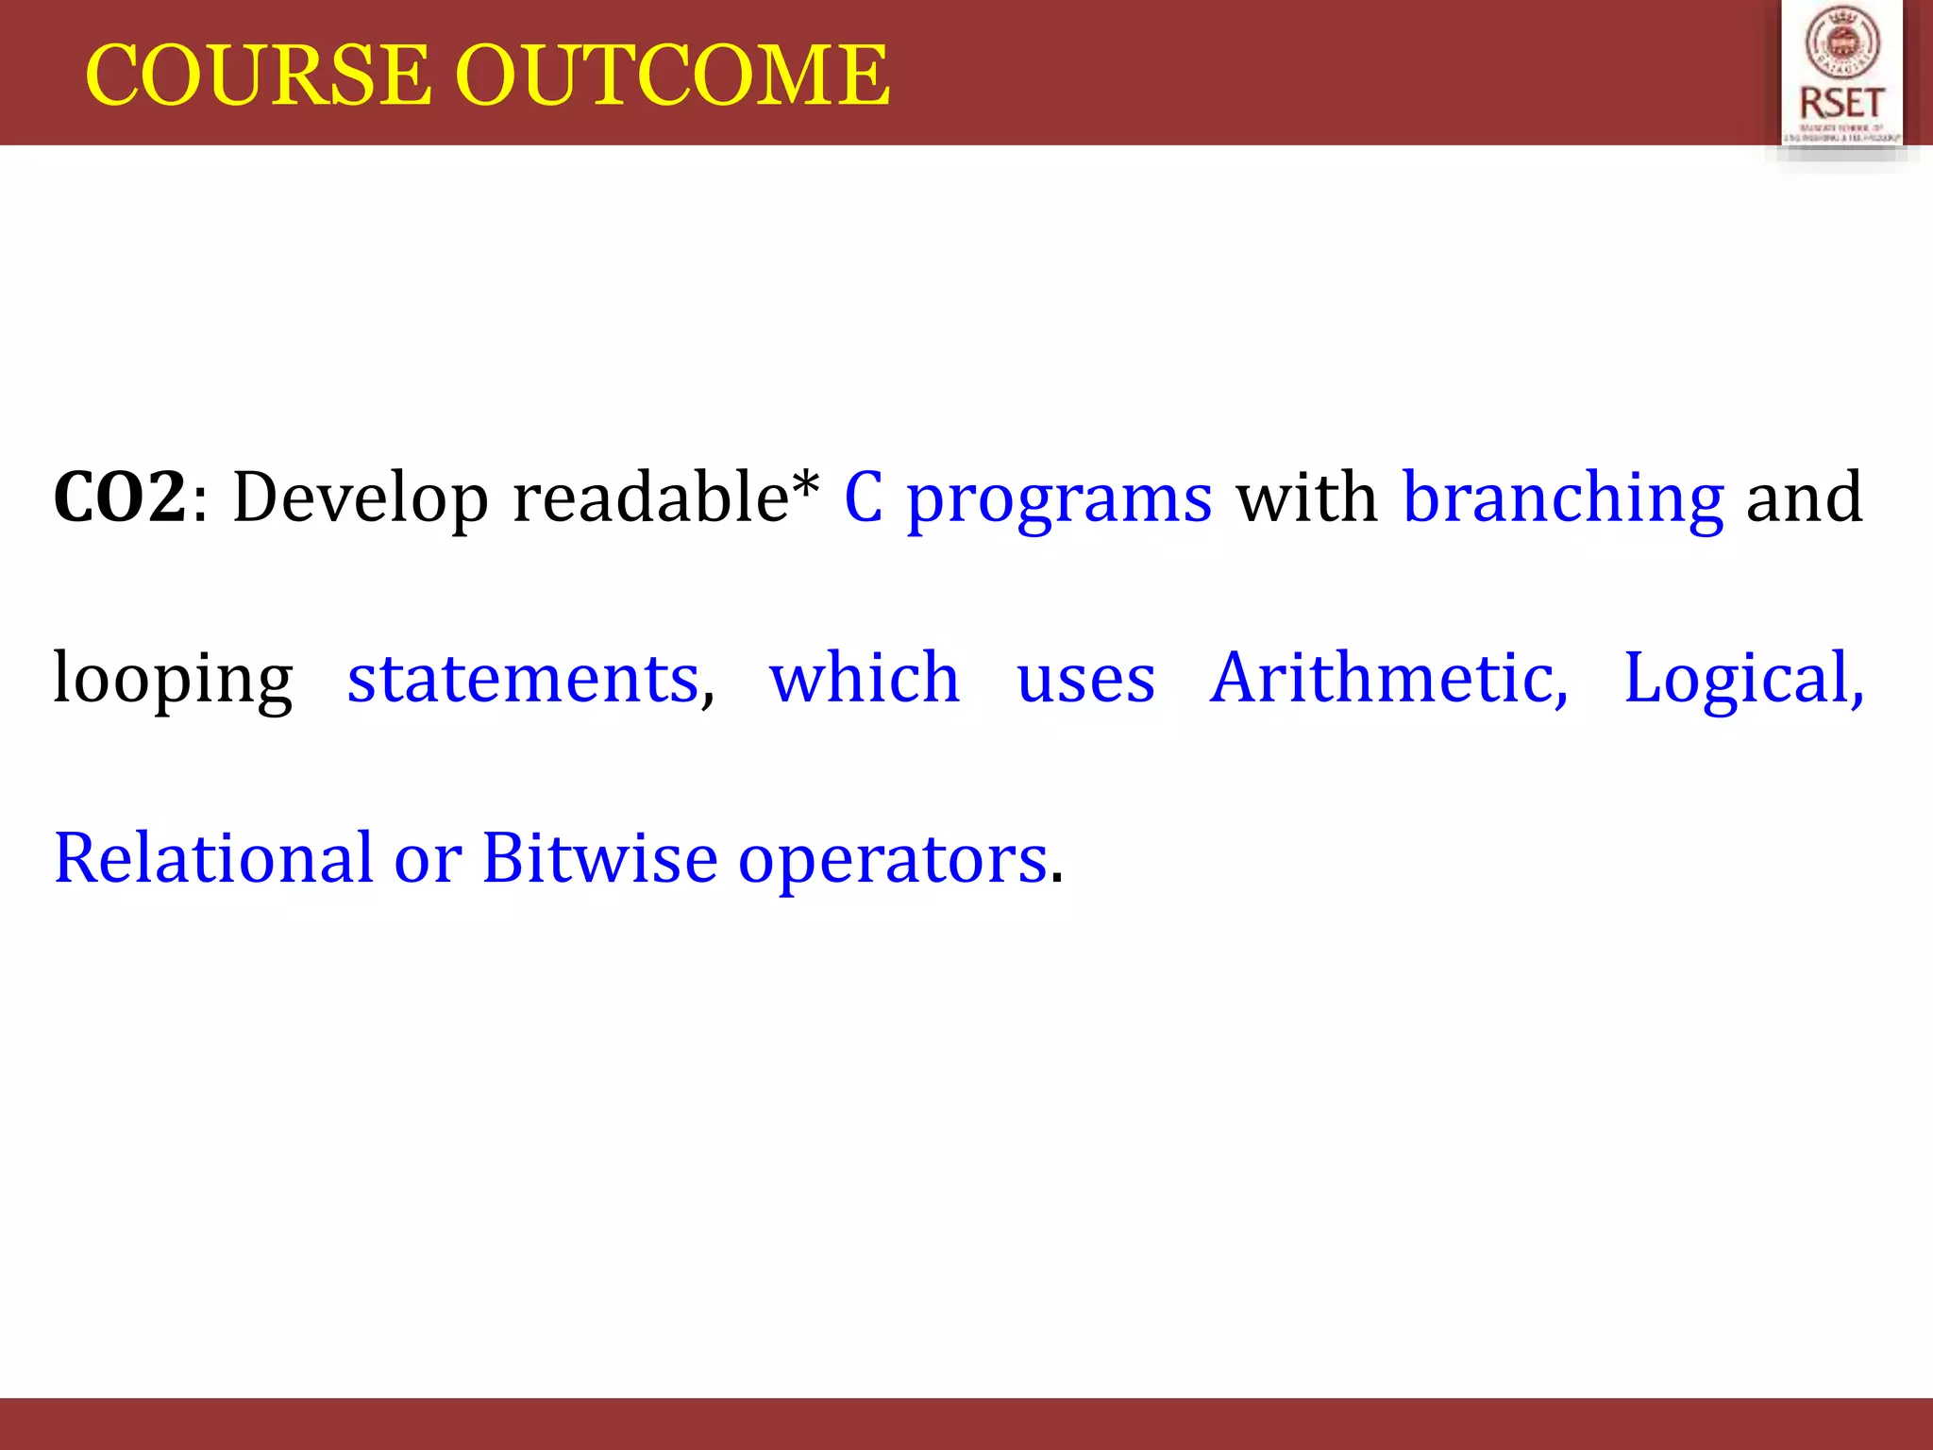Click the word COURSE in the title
[257, 76]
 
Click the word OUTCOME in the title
[672, 76]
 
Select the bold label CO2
[120, 497]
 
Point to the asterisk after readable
[805, 483]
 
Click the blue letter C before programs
[863, 497]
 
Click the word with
[1306, 497]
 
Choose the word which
[865, 678]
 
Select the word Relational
[214, 858]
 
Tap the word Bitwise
[599, 858]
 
